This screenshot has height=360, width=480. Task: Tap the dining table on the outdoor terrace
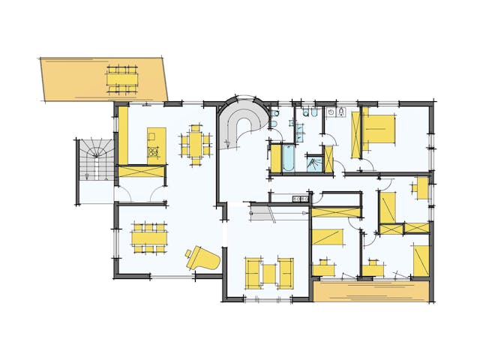[x=121, y=79]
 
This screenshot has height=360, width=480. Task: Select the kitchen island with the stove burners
[x=156, y=143]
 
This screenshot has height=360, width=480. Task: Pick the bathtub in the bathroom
[x=288, y=158]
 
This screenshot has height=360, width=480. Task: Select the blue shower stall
[x=314, y=163]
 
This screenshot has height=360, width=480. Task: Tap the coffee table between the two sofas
[x=269, y=271]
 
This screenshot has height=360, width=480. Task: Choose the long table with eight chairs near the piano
[x=148, y=238]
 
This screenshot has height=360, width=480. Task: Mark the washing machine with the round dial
[x=331, y=113]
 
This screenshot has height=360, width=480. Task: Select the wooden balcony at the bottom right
[x=371, y=292]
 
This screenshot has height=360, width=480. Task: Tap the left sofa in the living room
[x=252, y=271]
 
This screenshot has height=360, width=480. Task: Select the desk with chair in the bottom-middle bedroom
[x=325, y=266]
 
